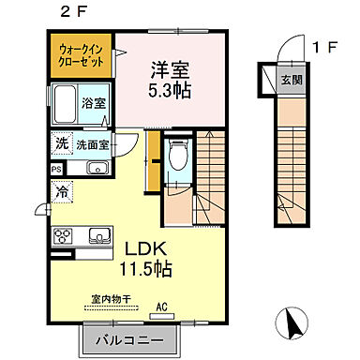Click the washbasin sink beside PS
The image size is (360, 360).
(x=96, y=169)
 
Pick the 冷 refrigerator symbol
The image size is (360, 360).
(x=62, y=190)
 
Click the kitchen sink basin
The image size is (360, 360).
(x=97, y=235)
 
